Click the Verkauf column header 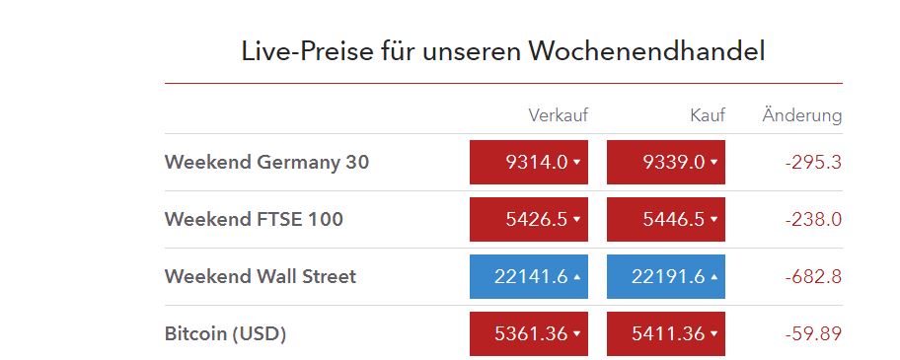click(558, 115)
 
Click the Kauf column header click(707, 115)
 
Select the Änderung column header click(801, 115)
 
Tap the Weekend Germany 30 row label click(266, 162)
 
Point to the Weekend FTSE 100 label click(254, 219)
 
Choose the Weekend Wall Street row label click(261, 276)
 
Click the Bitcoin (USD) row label click(225, 333)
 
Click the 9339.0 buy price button click(666, 162)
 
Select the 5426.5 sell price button click(529, 219)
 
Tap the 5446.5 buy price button click(666, 219)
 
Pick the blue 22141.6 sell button click(529, 276)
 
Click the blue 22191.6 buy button click(666, 276)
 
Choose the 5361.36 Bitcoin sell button click(529, 333)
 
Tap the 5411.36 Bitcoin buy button click(666, 333)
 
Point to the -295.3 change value click(813, 162)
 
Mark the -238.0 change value click(813, 219)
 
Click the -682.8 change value click(813, 276)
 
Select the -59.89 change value click(813, 333)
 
